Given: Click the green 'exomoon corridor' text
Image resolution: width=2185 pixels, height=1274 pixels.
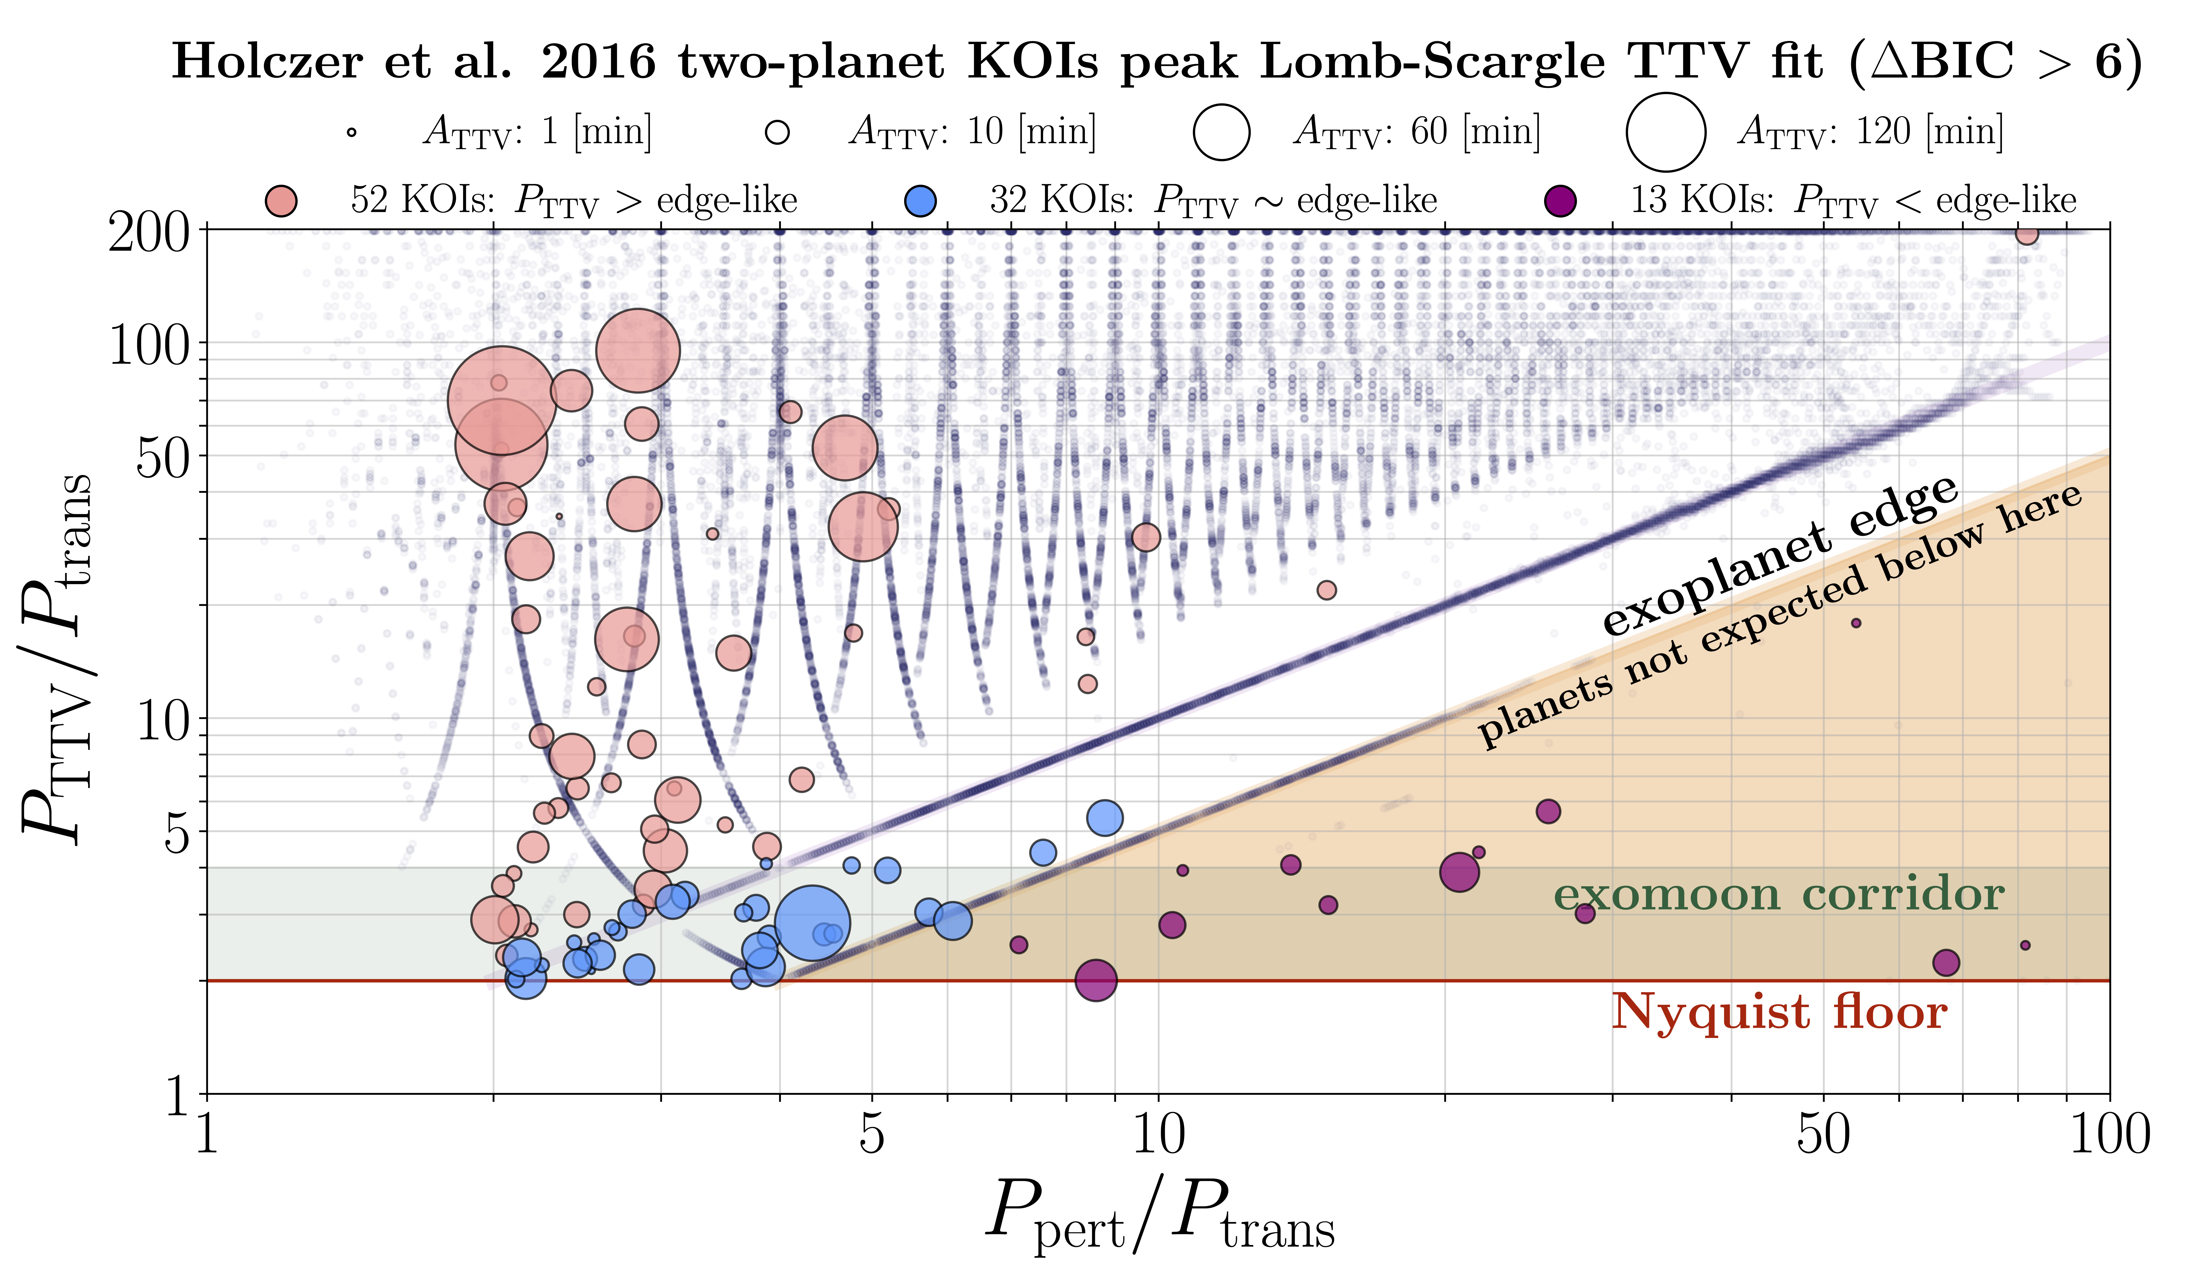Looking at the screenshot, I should tap(1779, 895).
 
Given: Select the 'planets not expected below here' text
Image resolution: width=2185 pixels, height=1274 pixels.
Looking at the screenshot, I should tap(1779, 617).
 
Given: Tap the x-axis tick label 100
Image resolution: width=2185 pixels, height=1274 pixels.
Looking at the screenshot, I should tap(2109, 1134).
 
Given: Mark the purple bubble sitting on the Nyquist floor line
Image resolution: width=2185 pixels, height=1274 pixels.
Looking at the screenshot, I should tap(1096, 980).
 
